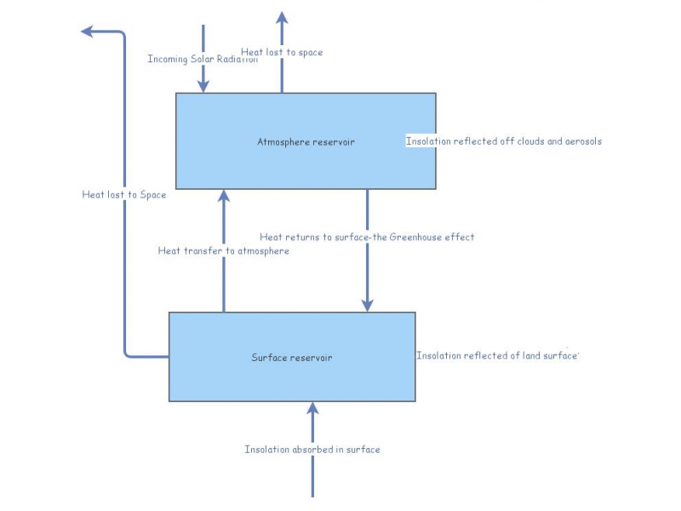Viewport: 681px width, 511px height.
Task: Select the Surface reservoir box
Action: coord(292,379)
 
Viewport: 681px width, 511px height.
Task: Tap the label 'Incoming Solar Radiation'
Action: coord(203,59)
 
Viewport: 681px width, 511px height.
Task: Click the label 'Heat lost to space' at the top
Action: coord(282,52)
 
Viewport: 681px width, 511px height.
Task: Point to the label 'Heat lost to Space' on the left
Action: coord(124,194)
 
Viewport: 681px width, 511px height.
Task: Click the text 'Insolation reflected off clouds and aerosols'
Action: coord(504,141)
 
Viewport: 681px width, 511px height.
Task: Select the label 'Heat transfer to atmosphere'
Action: coord(224,250)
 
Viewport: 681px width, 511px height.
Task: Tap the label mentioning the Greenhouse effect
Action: coord(367,237)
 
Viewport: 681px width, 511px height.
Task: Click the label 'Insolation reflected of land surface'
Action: coord(497,355)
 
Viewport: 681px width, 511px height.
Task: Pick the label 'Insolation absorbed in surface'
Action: coord(312,449)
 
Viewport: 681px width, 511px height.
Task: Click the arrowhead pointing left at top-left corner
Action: coord(88,32)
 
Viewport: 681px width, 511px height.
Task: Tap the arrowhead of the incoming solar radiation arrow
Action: coord(203,86)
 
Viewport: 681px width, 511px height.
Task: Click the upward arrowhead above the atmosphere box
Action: coord(282,18)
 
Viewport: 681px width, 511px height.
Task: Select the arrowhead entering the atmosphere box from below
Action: coord(224,196)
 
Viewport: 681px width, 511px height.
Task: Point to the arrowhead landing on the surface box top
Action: coord(368,304)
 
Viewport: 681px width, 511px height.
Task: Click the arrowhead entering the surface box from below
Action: coord(312,408)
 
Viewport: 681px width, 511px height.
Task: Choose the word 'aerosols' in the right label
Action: coord(583,141)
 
